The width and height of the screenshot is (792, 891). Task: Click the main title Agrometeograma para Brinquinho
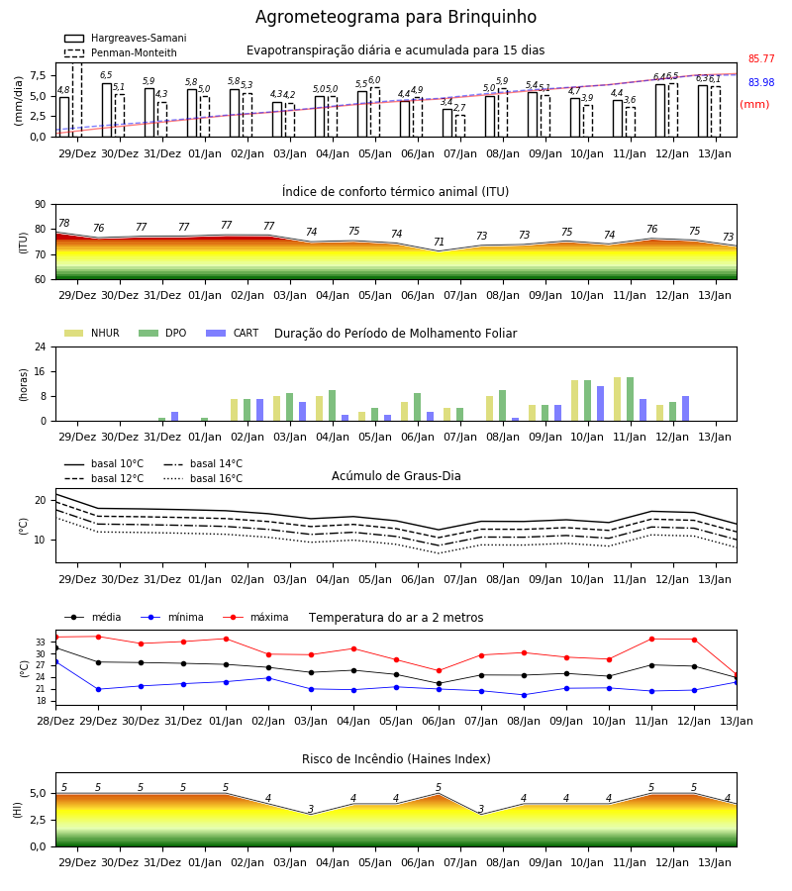(x=395, y=17)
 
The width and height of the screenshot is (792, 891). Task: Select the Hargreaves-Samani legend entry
(x=125, y=38)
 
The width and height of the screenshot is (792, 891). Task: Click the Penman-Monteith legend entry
(x=121, y=52)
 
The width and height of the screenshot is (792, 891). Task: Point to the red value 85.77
(x=761, y=58)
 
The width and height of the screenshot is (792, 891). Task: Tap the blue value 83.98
(x=761, y=82)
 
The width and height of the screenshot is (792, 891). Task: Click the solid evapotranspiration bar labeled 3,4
(x=447, y=123)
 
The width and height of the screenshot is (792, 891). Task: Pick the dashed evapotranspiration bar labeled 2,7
(x=460, y=126)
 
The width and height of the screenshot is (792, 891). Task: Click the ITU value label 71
(x=439, y=243)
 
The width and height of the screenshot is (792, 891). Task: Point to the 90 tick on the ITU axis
(x=41, y=205)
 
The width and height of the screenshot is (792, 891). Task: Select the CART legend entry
(x=233, y=333)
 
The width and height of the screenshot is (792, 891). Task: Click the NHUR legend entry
(x=92, y=333)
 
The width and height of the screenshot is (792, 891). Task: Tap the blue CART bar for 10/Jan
(x=601, y=404)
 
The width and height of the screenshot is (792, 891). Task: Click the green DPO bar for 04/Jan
(x=333, y=406)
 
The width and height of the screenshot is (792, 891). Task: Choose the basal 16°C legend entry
(x=203, y=478)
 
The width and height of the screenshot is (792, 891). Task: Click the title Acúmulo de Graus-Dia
(x=396, y=475)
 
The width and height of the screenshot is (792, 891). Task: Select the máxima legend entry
(x=255, y=617)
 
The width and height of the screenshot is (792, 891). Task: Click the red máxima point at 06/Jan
(x=439, y=671)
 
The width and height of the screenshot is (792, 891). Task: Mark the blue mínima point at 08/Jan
(x=524, y=695)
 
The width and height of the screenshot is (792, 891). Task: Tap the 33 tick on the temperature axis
(x=41, y=643)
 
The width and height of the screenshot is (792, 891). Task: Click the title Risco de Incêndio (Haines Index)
(x=396, y=759)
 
